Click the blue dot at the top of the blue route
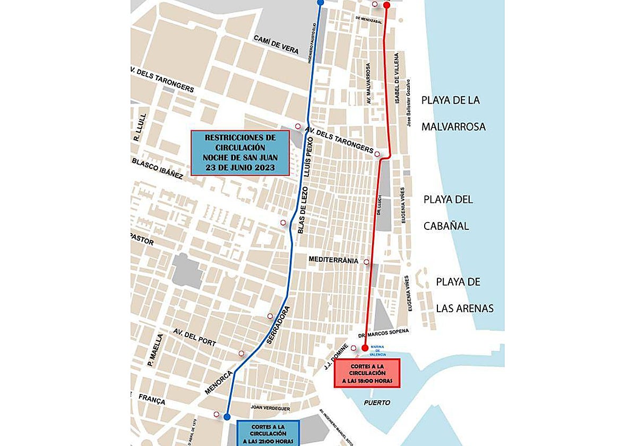[320, 2]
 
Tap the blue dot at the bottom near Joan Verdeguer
[227, 417]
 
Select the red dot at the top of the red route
[386, 5]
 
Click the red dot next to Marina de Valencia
[365, 348]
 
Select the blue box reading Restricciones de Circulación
[239, 153]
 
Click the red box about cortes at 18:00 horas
[367, 373]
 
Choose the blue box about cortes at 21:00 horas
[269, 433]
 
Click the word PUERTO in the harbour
[377, 402]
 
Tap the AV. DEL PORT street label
[194, 337]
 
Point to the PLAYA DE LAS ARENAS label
[465, 295]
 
